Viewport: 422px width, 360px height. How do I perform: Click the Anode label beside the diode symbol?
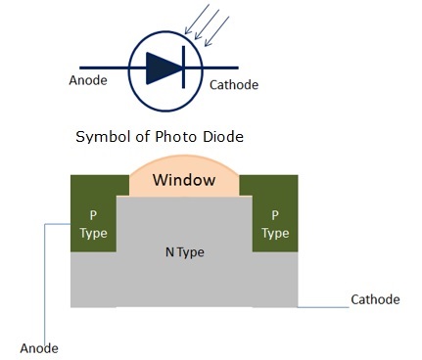tap(91, 81)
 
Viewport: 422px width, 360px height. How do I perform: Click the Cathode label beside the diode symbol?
tap(234, 85)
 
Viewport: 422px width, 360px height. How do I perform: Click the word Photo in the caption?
tap(168, 137)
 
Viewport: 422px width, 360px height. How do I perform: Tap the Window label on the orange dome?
tap(184, 181)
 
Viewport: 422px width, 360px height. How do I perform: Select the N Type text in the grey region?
tap(183, 251)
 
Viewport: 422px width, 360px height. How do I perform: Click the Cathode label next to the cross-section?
tap(375, 299)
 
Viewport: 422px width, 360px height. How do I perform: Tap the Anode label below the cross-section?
tap(39, 347)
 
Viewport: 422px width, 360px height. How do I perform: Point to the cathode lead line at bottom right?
tap(323, 308)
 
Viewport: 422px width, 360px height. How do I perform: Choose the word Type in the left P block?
tap(93, 234)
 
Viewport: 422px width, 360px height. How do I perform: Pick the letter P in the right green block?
tap(275, 214)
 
